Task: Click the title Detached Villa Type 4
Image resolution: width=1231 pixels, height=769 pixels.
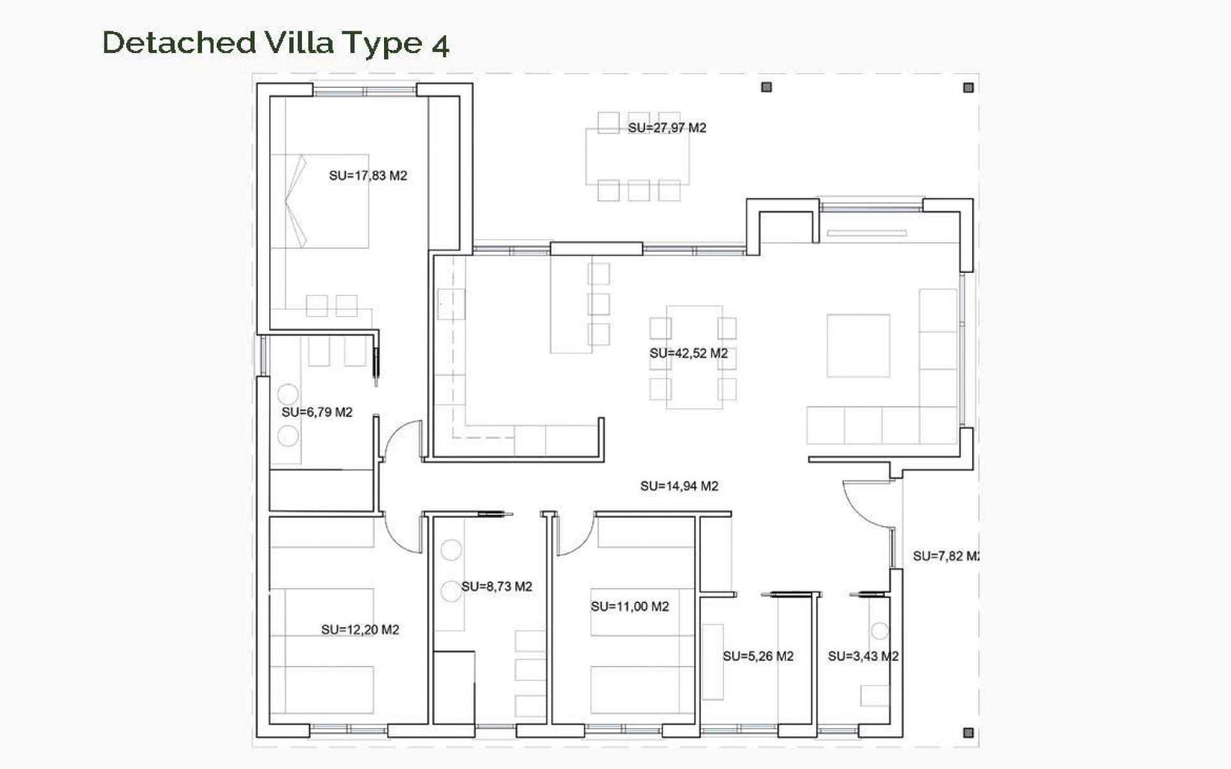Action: click(276, 44)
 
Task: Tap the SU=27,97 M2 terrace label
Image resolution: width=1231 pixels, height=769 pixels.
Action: click(667, 128)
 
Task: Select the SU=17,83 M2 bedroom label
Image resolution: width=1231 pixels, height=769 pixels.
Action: click(368, 176)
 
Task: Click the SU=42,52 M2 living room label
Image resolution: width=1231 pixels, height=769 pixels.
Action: click(689, 353)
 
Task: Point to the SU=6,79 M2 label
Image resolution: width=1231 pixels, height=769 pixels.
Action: click(317, 412)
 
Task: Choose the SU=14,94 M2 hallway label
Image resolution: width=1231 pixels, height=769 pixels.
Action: click(679, 486)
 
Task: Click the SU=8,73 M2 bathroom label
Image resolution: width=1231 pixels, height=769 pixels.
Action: click(497, 586)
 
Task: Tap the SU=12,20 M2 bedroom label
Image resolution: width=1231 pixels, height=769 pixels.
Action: click(360, 630)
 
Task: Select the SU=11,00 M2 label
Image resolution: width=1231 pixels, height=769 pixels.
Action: click(630, 606)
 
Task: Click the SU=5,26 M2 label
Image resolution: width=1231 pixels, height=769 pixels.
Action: click(758, 656)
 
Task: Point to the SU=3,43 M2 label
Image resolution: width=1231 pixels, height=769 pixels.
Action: click(863, 656)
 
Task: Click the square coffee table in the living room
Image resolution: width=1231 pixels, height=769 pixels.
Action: click(858, 345)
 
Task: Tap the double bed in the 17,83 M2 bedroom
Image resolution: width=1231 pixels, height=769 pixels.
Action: click(319, 201)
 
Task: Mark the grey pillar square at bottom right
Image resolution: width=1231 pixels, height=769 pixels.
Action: click(968, 732)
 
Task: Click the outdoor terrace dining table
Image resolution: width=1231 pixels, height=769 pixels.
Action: click(637, 157)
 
